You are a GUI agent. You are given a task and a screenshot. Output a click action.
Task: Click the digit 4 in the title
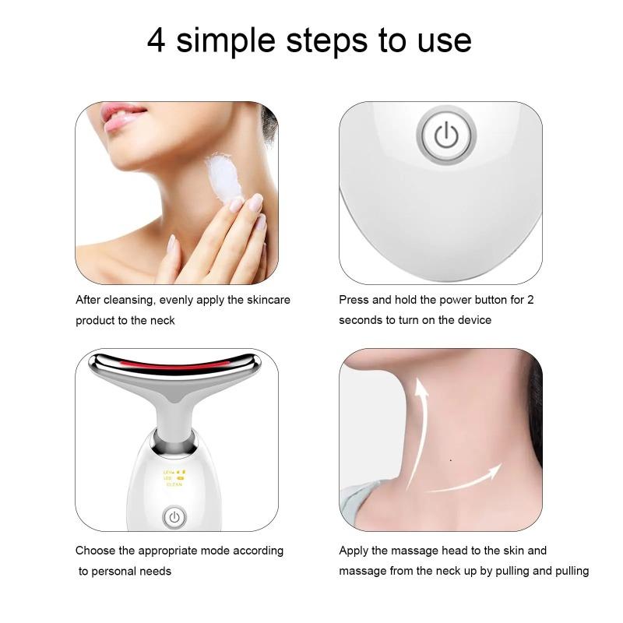point(157,40)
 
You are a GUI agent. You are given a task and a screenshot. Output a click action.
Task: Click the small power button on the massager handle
point(174,516)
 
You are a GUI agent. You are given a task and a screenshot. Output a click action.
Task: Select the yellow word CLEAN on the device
point(173,484)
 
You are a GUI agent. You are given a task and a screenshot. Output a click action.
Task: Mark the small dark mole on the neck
point(452,459)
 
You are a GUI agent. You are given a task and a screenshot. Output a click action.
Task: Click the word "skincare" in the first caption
point(268,300)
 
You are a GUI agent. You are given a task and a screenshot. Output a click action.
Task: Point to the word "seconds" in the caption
point(361,320)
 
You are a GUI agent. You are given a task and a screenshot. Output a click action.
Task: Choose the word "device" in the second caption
point(473,320)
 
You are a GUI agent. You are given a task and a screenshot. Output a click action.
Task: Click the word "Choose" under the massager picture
point(95,551)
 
